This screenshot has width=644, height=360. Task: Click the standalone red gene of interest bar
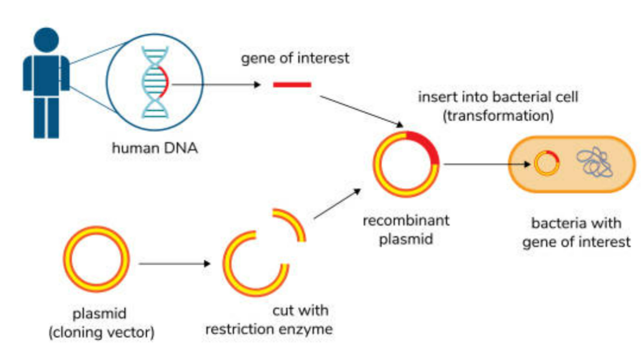(x=292, y=85)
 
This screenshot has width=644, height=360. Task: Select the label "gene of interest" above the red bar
(x=295, y=59)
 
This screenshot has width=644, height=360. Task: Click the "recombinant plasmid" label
(x=406, y=230)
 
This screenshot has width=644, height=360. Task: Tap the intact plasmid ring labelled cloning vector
(x=96, y=259)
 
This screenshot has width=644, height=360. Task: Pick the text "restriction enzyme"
(x=269, y=329)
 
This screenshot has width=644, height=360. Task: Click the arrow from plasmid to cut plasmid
(x=174, y=263)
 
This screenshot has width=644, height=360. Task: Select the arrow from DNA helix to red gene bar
(x=216, y=85)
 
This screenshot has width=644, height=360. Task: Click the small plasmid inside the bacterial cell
(x=547, y=163)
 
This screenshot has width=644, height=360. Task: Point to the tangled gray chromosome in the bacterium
(x=594, y=163)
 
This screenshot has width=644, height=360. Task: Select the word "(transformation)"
(x=498, y=116)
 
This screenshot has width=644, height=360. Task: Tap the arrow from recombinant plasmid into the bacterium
(x=487, y=163)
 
